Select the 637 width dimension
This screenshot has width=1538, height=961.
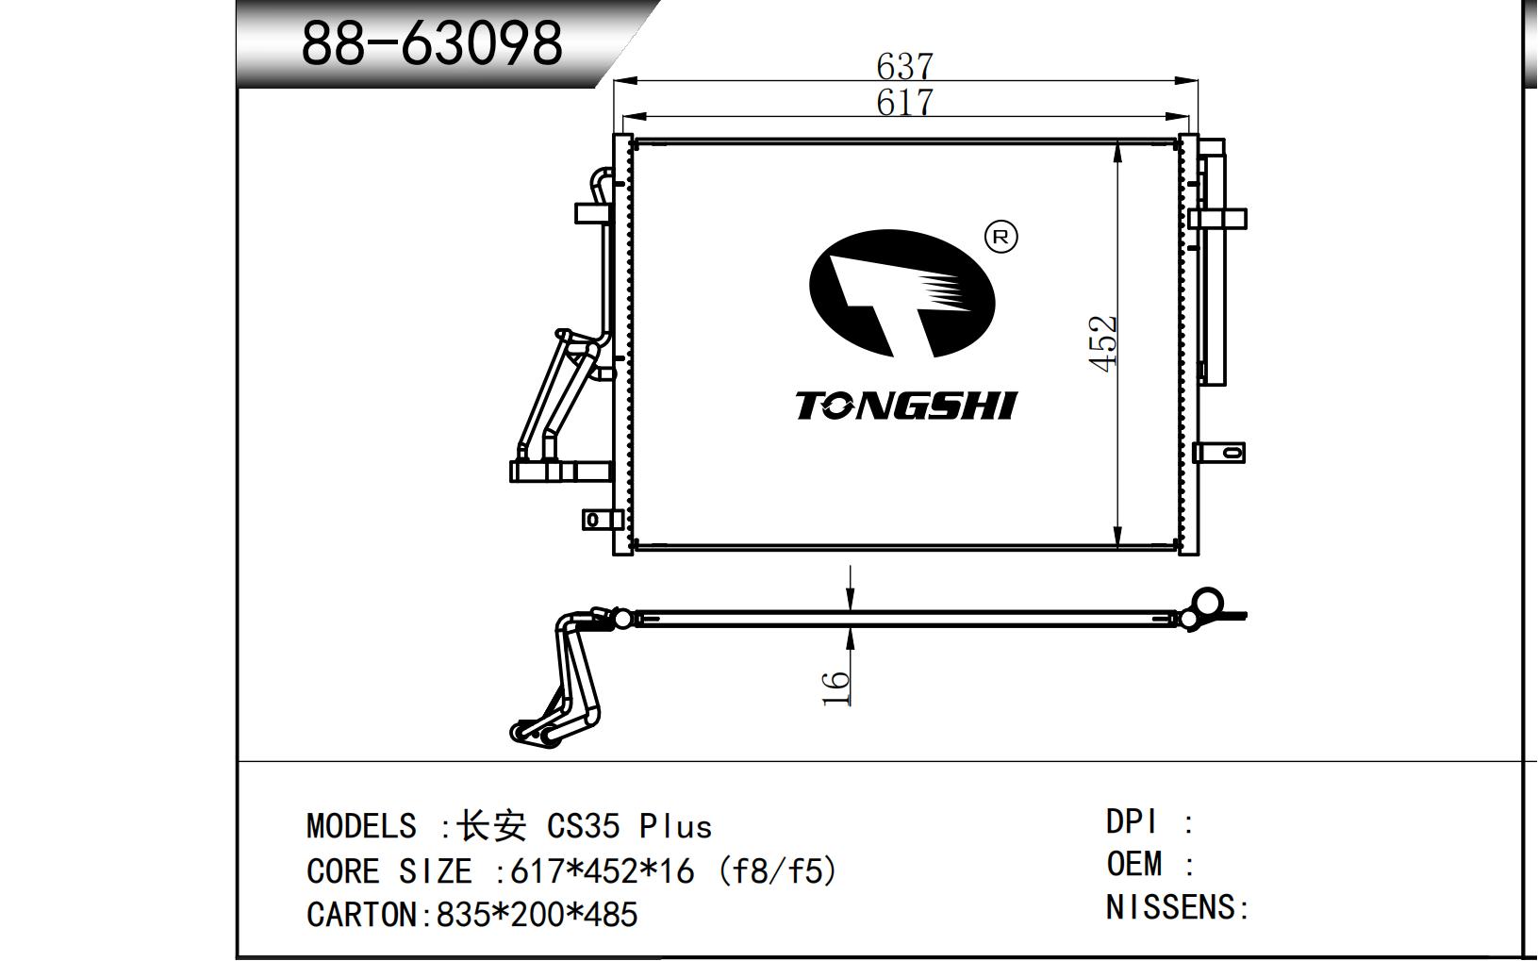(x=904, y=67)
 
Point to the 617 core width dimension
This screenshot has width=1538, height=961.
(x=904, y=103)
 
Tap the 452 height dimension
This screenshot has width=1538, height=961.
(x=1103, y=343)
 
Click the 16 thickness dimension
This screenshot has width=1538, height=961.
(x=835, y=688)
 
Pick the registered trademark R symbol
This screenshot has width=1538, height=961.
(x=1001, y=237)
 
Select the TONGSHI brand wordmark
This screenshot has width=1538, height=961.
(x=905, y=406)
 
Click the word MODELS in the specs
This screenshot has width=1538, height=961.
(x=361, y=826)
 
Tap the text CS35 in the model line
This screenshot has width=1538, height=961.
(x=583, y=826)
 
